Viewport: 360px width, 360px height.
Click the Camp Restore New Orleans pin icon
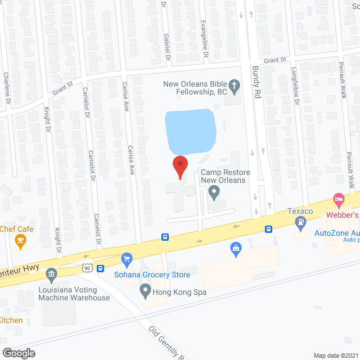[x=214, y=193]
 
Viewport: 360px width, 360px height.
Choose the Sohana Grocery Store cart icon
[x=127, y=259]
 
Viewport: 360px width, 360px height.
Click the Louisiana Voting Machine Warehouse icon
[x=52, y=274]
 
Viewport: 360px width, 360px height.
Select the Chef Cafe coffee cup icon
[x=21, y=241]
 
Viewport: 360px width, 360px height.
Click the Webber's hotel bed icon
[x=338, y=199]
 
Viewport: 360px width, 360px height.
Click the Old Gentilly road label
[x=166, y=343]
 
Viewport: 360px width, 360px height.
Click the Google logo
[x=19, y=353]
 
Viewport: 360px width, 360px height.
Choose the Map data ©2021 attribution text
[x=335, y=355]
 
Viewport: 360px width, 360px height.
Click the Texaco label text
[x=300, y=211]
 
